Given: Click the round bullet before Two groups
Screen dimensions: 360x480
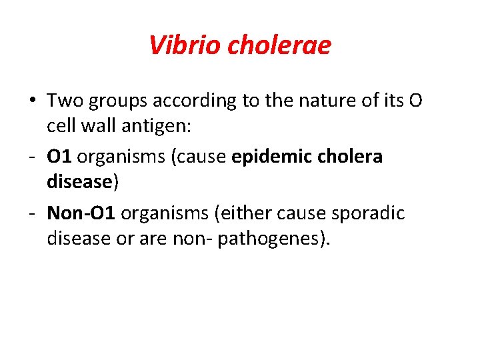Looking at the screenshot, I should pyautogui.click(x=32, y=101).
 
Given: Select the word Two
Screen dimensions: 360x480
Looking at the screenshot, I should pyautogui.click(x=64, y=101).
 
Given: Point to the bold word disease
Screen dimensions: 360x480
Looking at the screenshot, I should pyautogui.click(x=78, y=181).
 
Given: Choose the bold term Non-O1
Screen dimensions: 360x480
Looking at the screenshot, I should pyautogui.click(x=81, y=213).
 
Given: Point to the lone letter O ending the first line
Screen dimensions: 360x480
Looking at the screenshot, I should pyautogui.click(x=414, y=101).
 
